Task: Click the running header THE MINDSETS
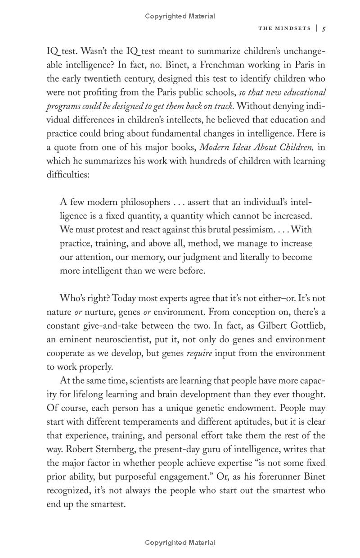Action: [284, 28]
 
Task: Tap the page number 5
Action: [324, 28]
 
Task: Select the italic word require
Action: [199, 354]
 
